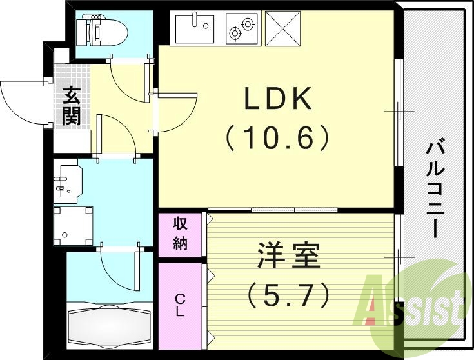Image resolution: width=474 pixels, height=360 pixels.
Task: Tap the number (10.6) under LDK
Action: pyautogui.click(x=278, y=137)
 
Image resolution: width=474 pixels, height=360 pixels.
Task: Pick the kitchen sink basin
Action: pyautogui.click(x=195, y=28)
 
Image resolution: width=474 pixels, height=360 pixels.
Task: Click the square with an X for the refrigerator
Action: pyautogui.click(x=283, y=29)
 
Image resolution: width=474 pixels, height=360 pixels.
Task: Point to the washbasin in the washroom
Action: pyautogui.click(x=68, y=180)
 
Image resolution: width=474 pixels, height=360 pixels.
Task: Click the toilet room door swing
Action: pyautogui.click(x=129, y=81)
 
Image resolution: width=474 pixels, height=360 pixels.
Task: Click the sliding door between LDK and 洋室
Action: pyautogui.click(x=294, y=210)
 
